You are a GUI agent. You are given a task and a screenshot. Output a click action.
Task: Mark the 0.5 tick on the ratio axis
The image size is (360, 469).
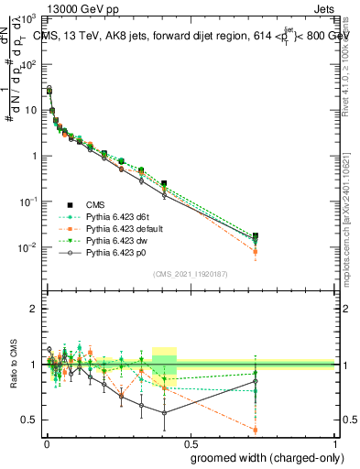[x=33, y=420]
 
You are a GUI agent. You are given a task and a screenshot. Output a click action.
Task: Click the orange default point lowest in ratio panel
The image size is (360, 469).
[x=256, y=430]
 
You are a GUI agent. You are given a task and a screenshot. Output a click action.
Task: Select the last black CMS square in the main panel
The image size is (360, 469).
[x=256, y=236]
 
